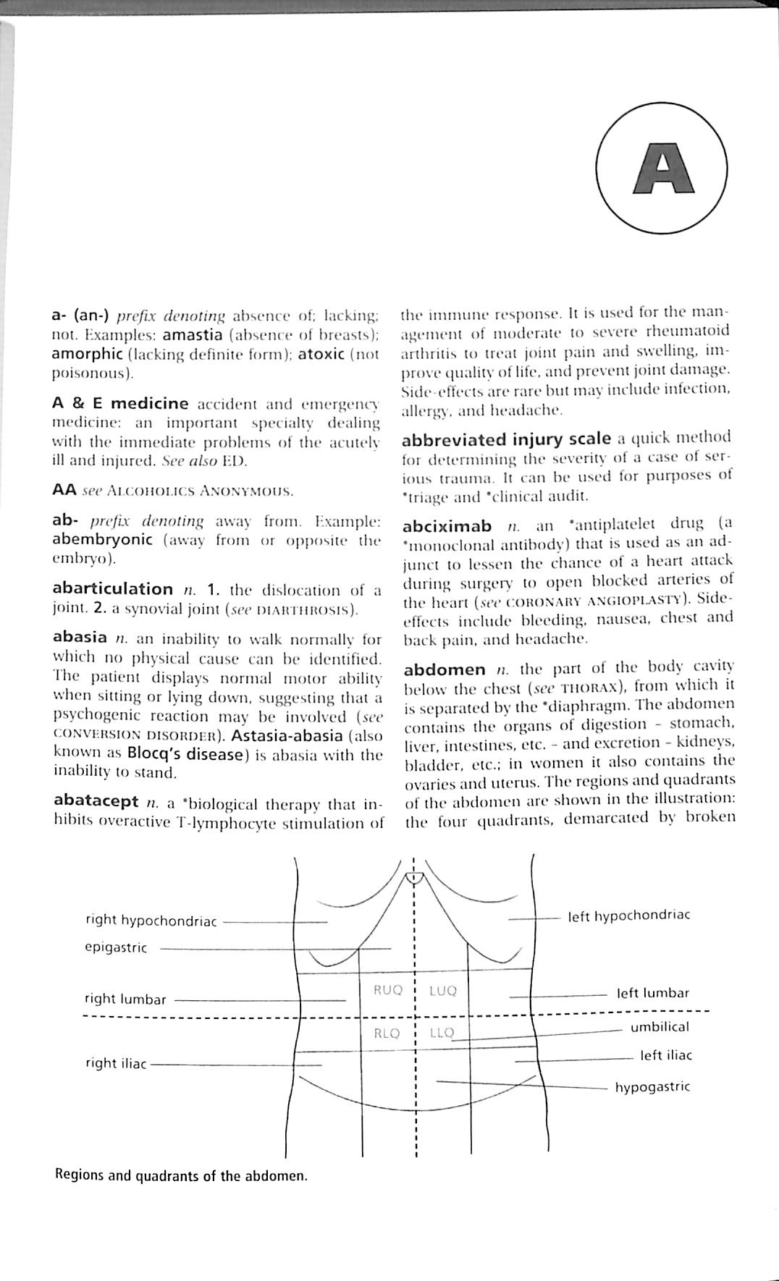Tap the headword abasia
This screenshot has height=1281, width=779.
80,637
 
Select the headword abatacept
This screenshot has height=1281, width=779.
96,801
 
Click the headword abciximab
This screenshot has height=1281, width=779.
447,526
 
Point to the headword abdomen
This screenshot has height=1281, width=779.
445,669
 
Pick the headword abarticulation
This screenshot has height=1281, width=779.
112,588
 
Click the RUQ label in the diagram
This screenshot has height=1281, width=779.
387,990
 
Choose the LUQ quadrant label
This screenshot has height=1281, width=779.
443,991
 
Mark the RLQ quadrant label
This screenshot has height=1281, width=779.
387,1033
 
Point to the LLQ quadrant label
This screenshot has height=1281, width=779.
442,1033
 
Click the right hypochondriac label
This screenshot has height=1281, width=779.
151,921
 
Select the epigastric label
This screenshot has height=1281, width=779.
116,947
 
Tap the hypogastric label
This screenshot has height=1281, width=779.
652,1086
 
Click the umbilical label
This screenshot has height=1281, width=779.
660,1026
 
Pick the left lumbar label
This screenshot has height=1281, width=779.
652,993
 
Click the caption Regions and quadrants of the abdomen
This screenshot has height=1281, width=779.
181,1175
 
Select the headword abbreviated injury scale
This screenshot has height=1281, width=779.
506,439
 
